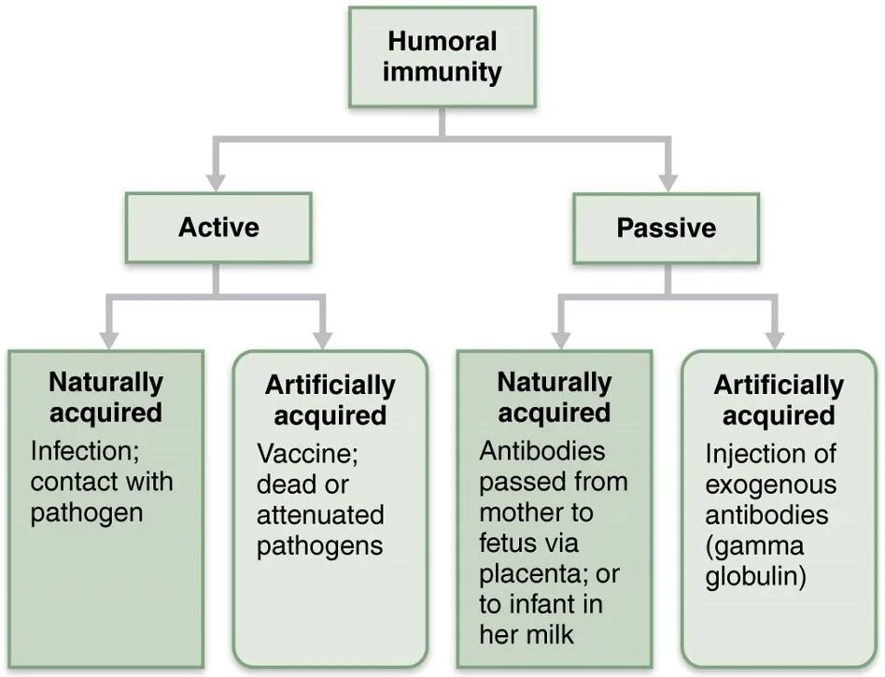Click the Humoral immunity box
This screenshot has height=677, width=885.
coord(442,57)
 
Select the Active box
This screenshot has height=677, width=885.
coord(218,228)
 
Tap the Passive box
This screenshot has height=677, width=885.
coord(666,228)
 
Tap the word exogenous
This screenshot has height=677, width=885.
coord(771,486)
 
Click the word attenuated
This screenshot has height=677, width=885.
coord(320,515)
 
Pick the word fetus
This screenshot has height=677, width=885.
coord(507,543)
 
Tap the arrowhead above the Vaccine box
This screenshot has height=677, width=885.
coord(323,338)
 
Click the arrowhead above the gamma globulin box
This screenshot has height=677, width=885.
coord(773,338)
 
